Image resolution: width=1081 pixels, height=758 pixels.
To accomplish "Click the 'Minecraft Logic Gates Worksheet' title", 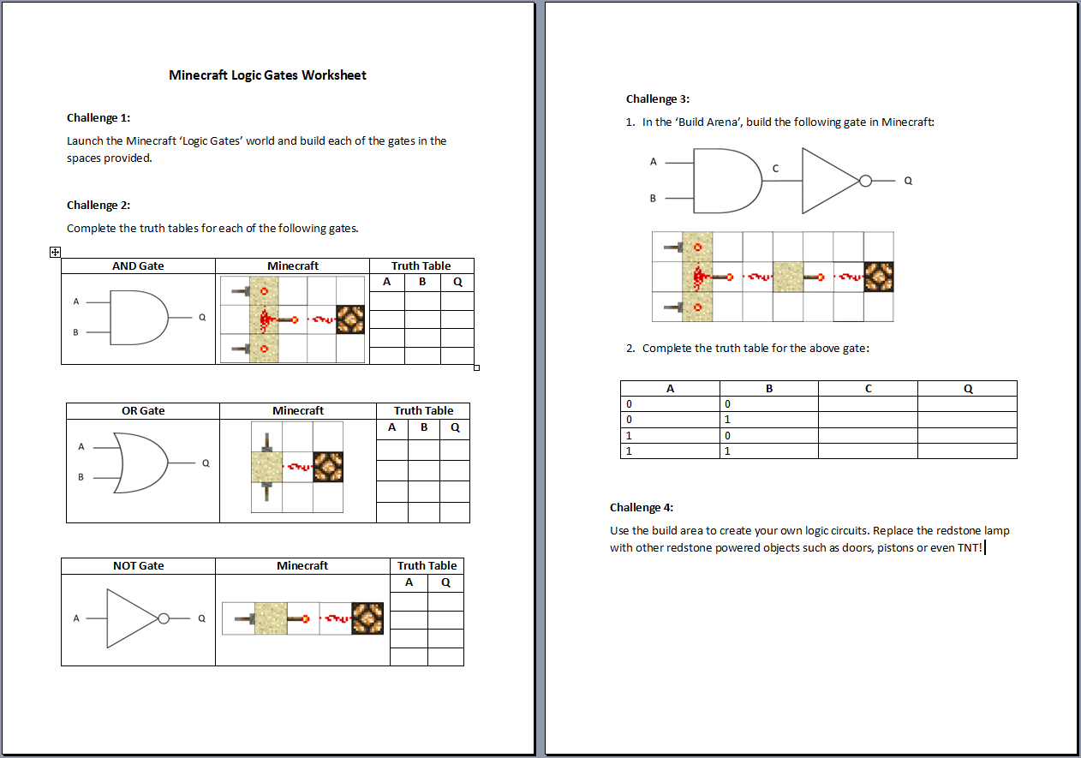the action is click(x=267, y=75).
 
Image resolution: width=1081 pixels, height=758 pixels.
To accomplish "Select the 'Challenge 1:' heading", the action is click(x=99, y=117).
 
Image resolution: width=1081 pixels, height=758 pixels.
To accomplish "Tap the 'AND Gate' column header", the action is click(x=138, y=266).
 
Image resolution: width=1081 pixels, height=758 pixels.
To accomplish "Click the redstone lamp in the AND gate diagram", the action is click(x=350, y=319).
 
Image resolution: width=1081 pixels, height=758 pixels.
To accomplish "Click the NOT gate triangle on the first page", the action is click(x=133, y=618).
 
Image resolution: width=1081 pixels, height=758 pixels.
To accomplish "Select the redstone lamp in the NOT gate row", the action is click(x=367, y=618).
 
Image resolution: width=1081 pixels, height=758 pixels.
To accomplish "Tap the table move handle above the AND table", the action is click(x=55, y=252).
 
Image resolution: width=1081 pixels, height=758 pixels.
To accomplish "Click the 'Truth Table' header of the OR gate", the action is click(x=423, y=410).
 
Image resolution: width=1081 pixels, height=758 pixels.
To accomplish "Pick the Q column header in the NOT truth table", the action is click(x=445, y=582).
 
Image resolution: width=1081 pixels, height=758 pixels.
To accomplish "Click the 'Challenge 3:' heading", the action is click(x=658, y=98).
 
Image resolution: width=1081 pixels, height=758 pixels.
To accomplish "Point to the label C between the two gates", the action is click(x=775, y=169).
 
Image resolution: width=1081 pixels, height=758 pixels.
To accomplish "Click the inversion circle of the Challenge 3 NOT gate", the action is click(x=866, y=181).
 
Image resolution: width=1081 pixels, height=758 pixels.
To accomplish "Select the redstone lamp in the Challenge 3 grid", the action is click(x=879, y=277).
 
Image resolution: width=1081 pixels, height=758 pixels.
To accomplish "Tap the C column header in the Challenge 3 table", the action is click(x=869, y=388).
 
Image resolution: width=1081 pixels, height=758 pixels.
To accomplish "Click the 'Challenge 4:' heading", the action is click(x=642, y=508).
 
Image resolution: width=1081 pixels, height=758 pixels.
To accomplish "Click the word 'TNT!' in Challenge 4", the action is click(x=970, y=547).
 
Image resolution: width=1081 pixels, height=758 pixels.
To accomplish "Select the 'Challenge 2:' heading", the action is click(x=99, y=205).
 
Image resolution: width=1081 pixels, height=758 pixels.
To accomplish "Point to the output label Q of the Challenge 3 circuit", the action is click(x=908, y=181).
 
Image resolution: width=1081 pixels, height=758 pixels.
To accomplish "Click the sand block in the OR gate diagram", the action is click(x=266, y=467).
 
